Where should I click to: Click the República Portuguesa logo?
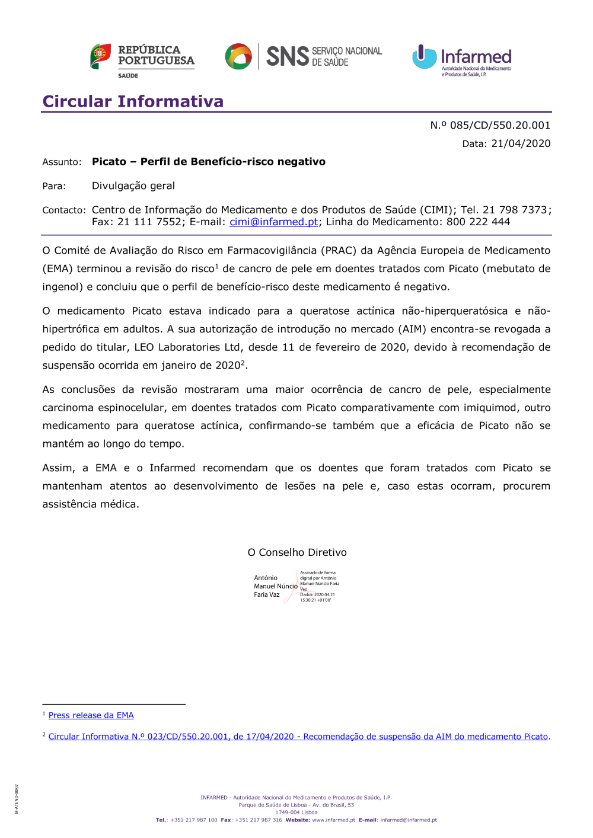[x=142, y=59]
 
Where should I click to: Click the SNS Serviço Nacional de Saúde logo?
[x=303, y=57]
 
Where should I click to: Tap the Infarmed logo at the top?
[x=462, y=60]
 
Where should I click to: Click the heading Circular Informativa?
[x=133, y=101]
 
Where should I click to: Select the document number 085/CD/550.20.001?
[x=500, y=125]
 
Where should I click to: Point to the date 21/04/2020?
[x=521, y=143]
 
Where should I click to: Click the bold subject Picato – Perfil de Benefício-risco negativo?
[x=208, y=162]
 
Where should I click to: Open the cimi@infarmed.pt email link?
[x=273, y=222]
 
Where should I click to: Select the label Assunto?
[x=62, y=162]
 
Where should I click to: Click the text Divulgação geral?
[x=133, y=186]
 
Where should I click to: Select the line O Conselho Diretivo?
[x=297, y=552]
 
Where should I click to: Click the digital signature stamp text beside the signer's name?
[x=319, y=587]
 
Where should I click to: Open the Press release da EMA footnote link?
[x=91, y=715]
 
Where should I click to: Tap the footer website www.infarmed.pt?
[x=333, y=820]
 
